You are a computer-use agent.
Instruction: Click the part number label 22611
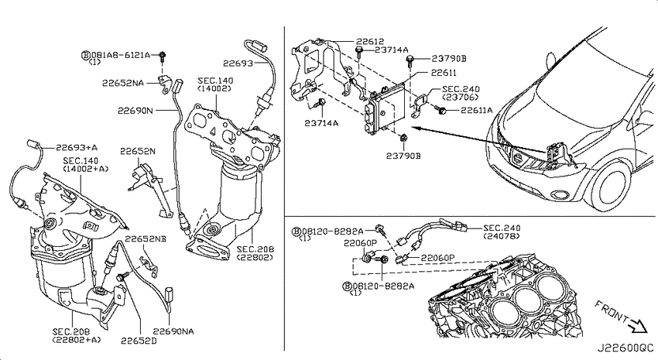444,73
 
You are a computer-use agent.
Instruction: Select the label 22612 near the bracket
370,41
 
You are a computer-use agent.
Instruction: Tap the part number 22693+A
77,147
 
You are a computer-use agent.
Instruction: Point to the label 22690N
135,111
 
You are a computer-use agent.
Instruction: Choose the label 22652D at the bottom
139,341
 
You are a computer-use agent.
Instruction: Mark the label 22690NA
173,331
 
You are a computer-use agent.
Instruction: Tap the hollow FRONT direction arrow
639,324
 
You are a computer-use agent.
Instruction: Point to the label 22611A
477,110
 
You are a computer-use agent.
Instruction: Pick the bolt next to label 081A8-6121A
163,55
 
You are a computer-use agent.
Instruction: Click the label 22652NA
123,83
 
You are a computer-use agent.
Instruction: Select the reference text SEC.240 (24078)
502,231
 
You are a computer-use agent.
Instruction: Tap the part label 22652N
138,151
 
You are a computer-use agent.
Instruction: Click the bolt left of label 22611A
441,110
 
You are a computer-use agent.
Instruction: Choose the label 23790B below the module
403,156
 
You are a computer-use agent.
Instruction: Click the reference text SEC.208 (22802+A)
77,335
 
